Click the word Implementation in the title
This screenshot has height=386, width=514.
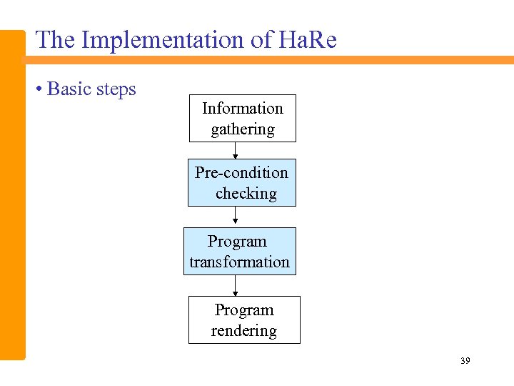[162, 40]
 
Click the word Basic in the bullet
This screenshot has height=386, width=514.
[69, 89]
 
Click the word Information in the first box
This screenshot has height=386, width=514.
[242, 109]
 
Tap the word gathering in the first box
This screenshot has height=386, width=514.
[242, 130]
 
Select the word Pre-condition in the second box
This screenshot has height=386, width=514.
[241, 173]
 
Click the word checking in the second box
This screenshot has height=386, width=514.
[246, 194]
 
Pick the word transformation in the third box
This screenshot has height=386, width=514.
[239, 262]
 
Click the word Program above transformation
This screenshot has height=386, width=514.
[237, 242]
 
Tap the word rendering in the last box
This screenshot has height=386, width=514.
[243, 331]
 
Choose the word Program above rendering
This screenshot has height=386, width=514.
[244, 310]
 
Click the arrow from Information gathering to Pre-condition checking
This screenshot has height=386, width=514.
[236, 151]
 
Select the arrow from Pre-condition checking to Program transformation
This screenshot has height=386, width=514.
[236, 217]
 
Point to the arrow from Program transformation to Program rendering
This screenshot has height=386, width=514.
[236, 286]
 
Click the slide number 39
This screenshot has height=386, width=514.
[465, 362]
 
